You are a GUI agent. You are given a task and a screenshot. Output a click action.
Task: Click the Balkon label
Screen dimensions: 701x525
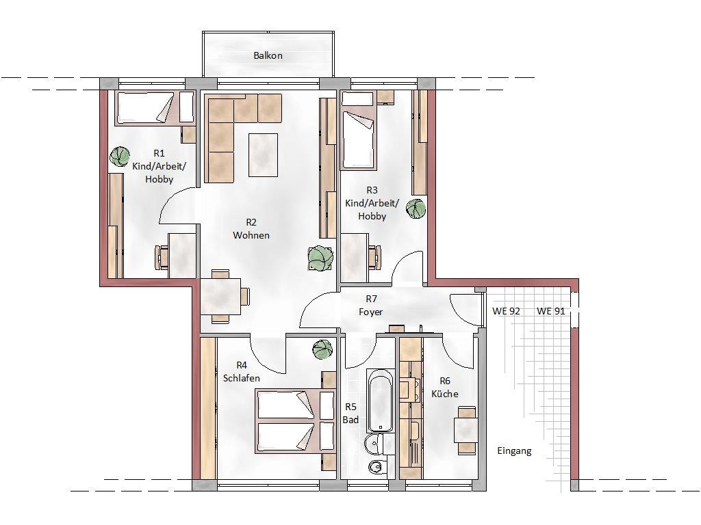(x=268, y=56)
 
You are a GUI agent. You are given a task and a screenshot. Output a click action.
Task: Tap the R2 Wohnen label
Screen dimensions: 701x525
(x=251, y=228)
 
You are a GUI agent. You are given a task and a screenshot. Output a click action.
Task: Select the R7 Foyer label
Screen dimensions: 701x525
(x=371, y=306)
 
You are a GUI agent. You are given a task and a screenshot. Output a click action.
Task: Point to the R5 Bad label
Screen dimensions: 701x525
(x=351, y=413)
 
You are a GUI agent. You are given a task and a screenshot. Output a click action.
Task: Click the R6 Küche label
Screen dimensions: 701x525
(x=445, y=387)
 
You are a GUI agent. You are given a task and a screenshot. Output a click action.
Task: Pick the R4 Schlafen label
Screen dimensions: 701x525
(x=242, y=371)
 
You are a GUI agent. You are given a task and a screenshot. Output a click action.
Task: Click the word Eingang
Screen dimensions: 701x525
(x=514, y=451)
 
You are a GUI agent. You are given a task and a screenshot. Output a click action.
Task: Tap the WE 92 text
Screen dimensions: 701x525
(x=506, y=311)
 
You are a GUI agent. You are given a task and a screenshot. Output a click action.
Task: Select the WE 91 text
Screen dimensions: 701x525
(x=551, y=311)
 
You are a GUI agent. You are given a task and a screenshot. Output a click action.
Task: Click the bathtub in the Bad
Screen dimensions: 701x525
(x=381, y=400)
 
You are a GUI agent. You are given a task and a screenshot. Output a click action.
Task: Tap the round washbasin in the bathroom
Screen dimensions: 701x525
(x=373, y=443)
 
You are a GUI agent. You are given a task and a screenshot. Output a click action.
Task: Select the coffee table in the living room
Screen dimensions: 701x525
(x=264, y=155)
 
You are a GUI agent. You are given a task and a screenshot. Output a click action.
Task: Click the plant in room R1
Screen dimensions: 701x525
(x=120, y=157)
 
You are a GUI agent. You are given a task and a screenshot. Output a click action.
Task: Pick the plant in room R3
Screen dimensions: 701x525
(x=416, y=208)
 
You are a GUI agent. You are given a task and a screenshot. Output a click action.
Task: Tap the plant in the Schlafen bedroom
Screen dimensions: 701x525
(x=323, y=349)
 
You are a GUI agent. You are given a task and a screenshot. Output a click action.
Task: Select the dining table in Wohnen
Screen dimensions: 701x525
(x=220, y=296)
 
